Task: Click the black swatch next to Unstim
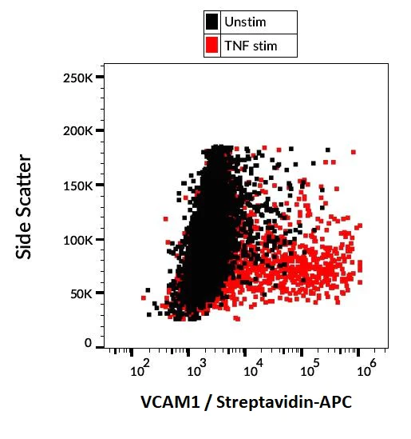click(x=212, y=22)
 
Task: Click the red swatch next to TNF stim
click(x=212, y=46)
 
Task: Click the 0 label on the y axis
click(x=90, y=343)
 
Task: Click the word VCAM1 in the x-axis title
click(x=163, y=403)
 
